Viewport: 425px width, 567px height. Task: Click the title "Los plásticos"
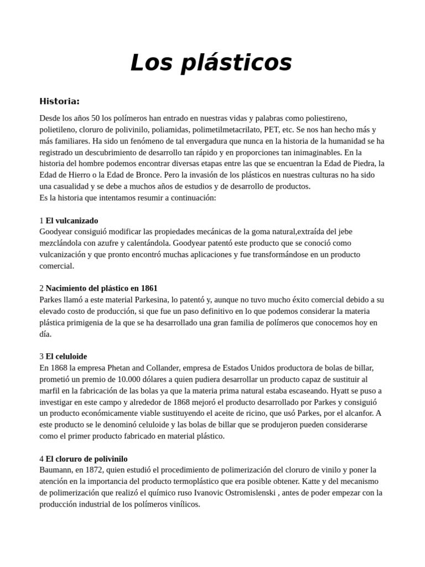(211, 63)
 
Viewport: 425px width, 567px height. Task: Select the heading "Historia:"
(60, 101)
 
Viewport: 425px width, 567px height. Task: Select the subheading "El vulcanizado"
(72, 220)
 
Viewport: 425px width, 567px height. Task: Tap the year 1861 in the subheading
(149, 288)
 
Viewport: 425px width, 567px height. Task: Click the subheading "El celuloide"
(66, 356)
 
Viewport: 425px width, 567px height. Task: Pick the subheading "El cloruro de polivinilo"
(87, 458)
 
